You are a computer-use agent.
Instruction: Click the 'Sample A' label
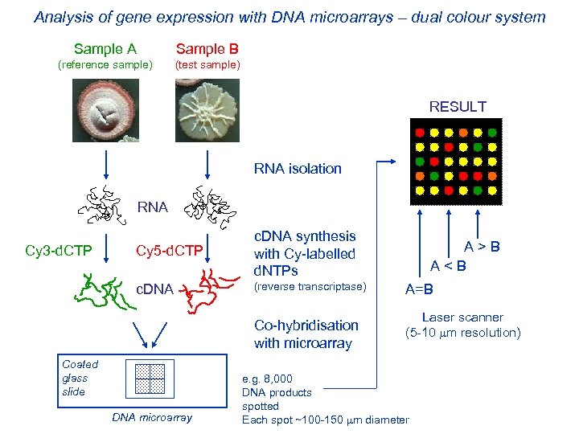[105, 49]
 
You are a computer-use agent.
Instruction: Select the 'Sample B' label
[207, 49]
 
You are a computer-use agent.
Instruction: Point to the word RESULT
[458, 107]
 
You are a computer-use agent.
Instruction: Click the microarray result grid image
[456, 161]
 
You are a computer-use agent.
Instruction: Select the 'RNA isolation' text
[298, 169]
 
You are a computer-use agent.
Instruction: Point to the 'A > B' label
[482, 247]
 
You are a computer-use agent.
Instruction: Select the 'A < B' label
[448, 265]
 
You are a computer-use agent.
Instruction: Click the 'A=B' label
[419, 289]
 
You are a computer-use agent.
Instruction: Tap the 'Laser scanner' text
[462, 317]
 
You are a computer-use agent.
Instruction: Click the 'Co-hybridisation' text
[306, 325]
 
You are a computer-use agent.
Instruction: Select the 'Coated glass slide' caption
[80, 378]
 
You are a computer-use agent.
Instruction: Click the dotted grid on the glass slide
[150, 377]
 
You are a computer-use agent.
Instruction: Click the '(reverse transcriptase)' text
[310, 287]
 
